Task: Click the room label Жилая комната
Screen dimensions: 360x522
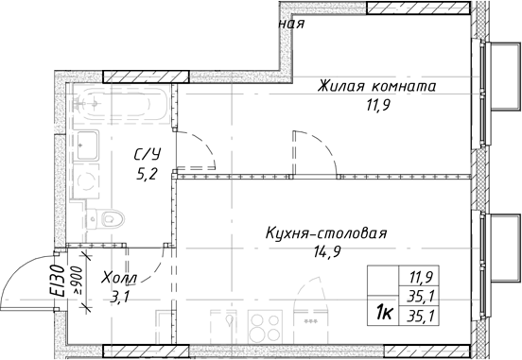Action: (377, 85)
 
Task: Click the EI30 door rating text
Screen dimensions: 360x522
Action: (59, 282)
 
